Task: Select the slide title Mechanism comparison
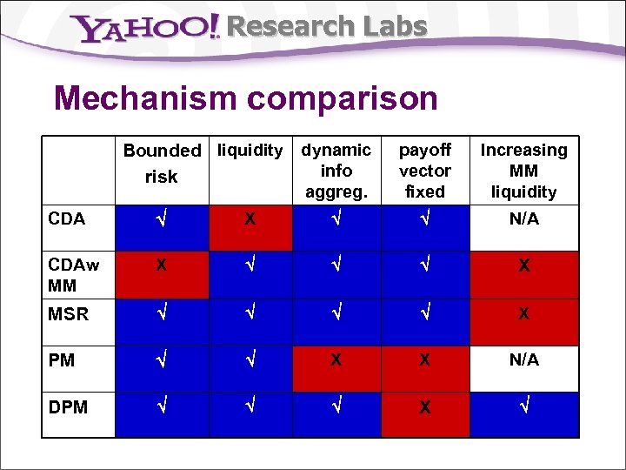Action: (x=246, y=98)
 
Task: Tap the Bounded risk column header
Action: (x=162, y=164)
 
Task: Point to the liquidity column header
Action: (x=250, y=151)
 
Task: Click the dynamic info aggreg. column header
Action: (x=336, y=171)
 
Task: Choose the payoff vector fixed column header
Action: (x=424, y=171)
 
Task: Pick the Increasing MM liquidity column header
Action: (x=523, y=171)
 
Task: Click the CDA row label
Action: (x=67, y=219)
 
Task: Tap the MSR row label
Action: (x=69, y=314)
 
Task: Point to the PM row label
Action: (x=62, y=359)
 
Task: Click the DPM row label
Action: (x=69, y=406)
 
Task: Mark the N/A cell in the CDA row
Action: (x=523, y=219)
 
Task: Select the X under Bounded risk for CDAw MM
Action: (x=162, y=266)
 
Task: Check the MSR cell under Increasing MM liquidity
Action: (x=523, y=314)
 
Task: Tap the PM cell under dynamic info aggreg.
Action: (x=336, y=359)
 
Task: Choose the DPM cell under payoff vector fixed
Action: (x=424, y=406)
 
